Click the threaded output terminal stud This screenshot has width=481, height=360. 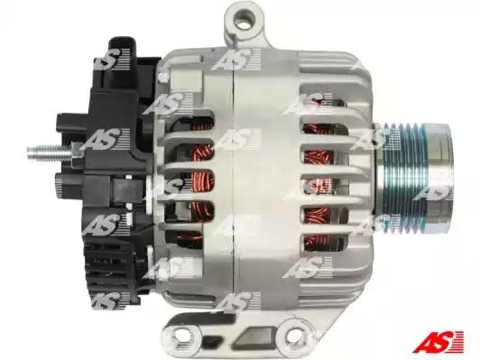coord(49,152)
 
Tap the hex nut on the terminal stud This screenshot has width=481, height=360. coord(76,152)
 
